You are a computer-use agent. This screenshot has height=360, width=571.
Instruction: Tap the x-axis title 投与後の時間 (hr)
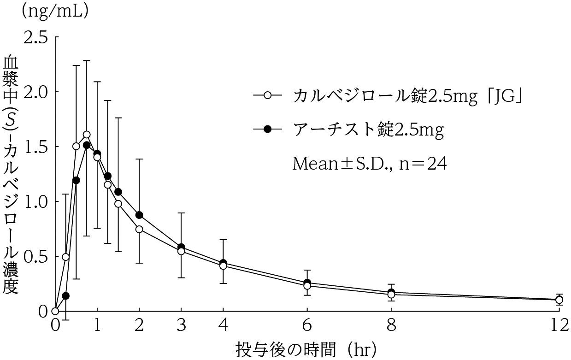click(x=306, y=348)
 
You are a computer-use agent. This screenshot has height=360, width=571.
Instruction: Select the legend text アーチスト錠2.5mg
click(x=368, y=130)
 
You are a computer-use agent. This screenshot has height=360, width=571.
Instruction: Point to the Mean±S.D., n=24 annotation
click(x=370, y=164)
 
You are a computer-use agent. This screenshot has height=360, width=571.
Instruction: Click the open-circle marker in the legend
click(x=267, y=96)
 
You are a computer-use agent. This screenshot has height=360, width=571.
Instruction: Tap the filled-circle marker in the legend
click(x=267, y=130)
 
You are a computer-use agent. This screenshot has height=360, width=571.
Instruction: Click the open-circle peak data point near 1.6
click(x=87, y=135)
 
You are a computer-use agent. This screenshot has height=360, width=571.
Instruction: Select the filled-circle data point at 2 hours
click(x=139, y=215)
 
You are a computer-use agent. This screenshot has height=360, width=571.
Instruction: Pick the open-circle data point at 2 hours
click(x=139, y=229)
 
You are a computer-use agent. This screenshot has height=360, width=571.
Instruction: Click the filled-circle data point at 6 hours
click(x=307, y=283)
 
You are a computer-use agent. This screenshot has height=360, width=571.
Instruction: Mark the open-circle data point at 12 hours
click(x=559, y=300)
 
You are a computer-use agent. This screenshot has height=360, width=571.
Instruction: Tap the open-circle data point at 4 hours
click(x=223, y=266)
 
